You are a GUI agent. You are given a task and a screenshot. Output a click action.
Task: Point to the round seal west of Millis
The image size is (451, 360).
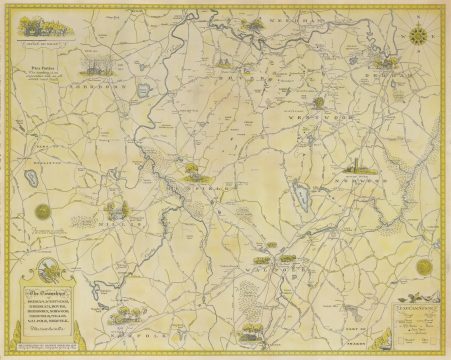(42, 212)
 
